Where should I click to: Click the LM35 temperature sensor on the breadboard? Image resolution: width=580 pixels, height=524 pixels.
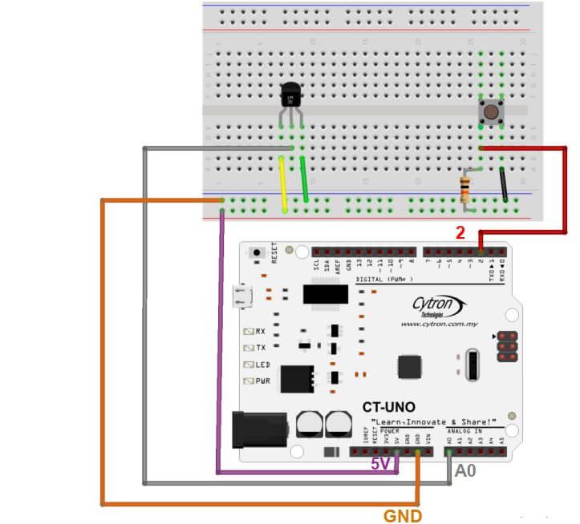click(x=290, y=98)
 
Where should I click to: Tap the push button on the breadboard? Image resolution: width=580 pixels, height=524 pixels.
click(x=489, y=111)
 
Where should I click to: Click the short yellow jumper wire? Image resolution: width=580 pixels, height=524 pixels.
click(x=282, y=184)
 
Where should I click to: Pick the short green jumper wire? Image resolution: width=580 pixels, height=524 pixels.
click(x=305, y=180)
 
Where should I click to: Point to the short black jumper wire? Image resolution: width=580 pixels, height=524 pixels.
click(x=502, y=183)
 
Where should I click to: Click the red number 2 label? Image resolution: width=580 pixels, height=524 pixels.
click(x=460, y=233)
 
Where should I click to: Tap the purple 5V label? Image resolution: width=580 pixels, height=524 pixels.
click(x=380, y=463)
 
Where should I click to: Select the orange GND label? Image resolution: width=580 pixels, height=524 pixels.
click(x=403, y=516)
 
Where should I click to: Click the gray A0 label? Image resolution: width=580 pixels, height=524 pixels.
click(x=466, y=472)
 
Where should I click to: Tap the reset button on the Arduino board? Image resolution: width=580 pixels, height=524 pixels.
click(x=257, y=252)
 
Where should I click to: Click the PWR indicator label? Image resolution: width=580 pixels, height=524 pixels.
click(x=262, y=381)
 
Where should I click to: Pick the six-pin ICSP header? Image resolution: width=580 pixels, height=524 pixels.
click(x=506, y=344)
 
